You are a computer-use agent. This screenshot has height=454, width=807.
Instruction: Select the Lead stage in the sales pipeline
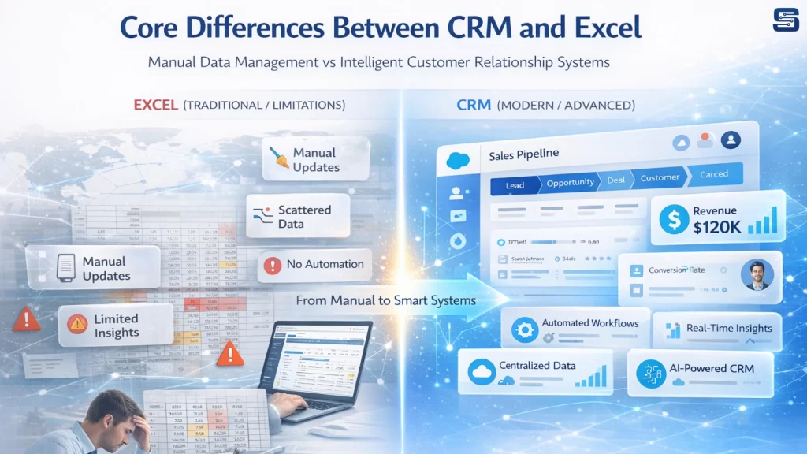[515, 185]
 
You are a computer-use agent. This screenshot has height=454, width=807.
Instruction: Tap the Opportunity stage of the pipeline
[571, 183]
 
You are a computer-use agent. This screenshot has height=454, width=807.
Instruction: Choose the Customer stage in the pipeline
[660, 178]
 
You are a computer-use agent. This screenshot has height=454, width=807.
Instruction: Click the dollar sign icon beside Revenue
[675, 219]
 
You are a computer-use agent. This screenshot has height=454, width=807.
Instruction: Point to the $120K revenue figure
[717, 228]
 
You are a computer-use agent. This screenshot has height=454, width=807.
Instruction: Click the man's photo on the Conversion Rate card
[757, 274]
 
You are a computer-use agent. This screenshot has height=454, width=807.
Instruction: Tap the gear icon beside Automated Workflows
[525, 329]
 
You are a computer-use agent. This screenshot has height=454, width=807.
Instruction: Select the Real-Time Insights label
[730, 328]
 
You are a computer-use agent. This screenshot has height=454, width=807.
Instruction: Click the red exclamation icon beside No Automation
[273, 265]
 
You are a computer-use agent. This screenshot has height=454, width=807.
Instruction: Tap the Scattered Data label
[303, 217]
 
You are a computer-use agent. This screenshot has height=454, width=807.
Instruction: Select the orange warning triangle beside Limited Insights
[77, 324]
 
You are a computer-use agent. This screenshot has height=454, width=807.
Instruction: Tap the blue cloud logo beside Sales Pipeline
[458, 160]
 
